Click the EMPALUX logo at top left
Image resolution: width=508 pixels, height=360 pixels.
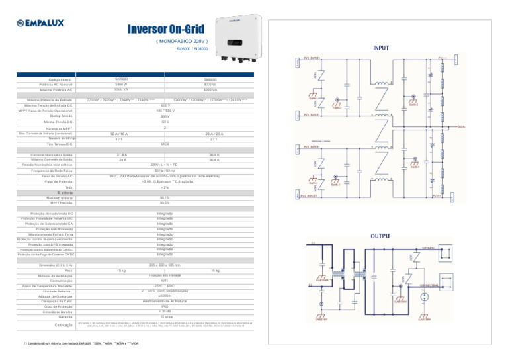pos(42,22)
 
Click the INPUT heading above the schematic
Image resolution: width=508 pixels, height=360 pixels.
pos(381,48)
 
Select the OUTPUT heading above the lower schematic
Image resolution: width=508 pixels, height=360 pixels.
pos(380,236)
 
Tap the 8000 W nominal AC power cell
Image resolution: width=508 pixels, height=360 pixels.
pos(209,84)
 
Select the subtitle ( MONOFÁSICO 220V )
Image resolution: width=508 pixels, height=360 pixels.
pos(174,41)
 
